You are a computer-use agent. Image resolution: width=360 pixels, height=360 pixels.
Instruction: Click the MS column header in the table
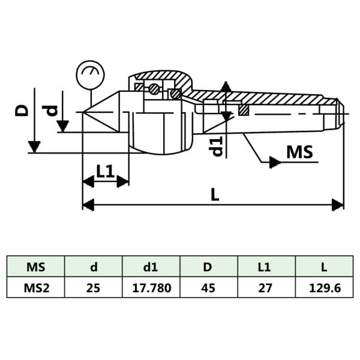click(x=36, y=266)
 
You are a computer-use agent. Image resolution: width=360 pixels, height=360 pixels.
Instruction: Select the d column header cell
click(x=94, y=266)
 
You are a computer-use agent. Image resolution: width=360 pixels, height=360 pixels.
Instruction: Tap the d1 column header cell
click(x=151, y=266)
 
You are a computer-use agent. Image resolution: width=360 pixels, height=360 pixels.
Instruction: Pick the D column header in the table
click(x=209, y=266)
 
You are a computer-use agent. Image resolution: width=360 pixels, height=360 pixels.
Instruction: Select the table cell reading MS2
click(x=36, y=288)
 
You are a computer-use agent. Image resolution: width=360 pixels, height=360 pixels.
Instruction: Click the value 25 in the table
click(x=94, y=288)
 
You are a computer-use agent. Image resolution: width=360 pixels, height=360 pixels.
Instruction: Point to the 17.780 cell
click(x=151, y=288)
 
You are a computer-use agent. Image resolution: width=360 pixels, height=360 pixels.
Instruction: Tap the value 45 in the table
click(x=209, y=288)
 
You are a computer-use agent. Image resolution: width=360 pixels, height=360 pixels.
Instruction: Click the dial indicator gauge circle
click(x=91, y=75)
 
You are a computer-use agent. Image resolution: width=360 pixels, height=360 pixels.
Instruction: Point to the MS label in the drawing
click(x=299, y=152)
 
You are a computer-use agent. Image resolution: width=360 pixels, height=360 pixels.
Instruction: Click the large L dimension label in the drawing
click(x=215, y=193)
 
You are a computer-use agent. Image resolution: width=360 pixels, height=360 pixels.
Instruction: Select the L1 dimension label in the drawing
click(x=106, y=171)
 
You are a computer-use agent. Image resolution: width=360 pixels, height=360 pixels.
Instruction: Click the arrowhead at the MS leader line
click(x=275, y=162)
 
